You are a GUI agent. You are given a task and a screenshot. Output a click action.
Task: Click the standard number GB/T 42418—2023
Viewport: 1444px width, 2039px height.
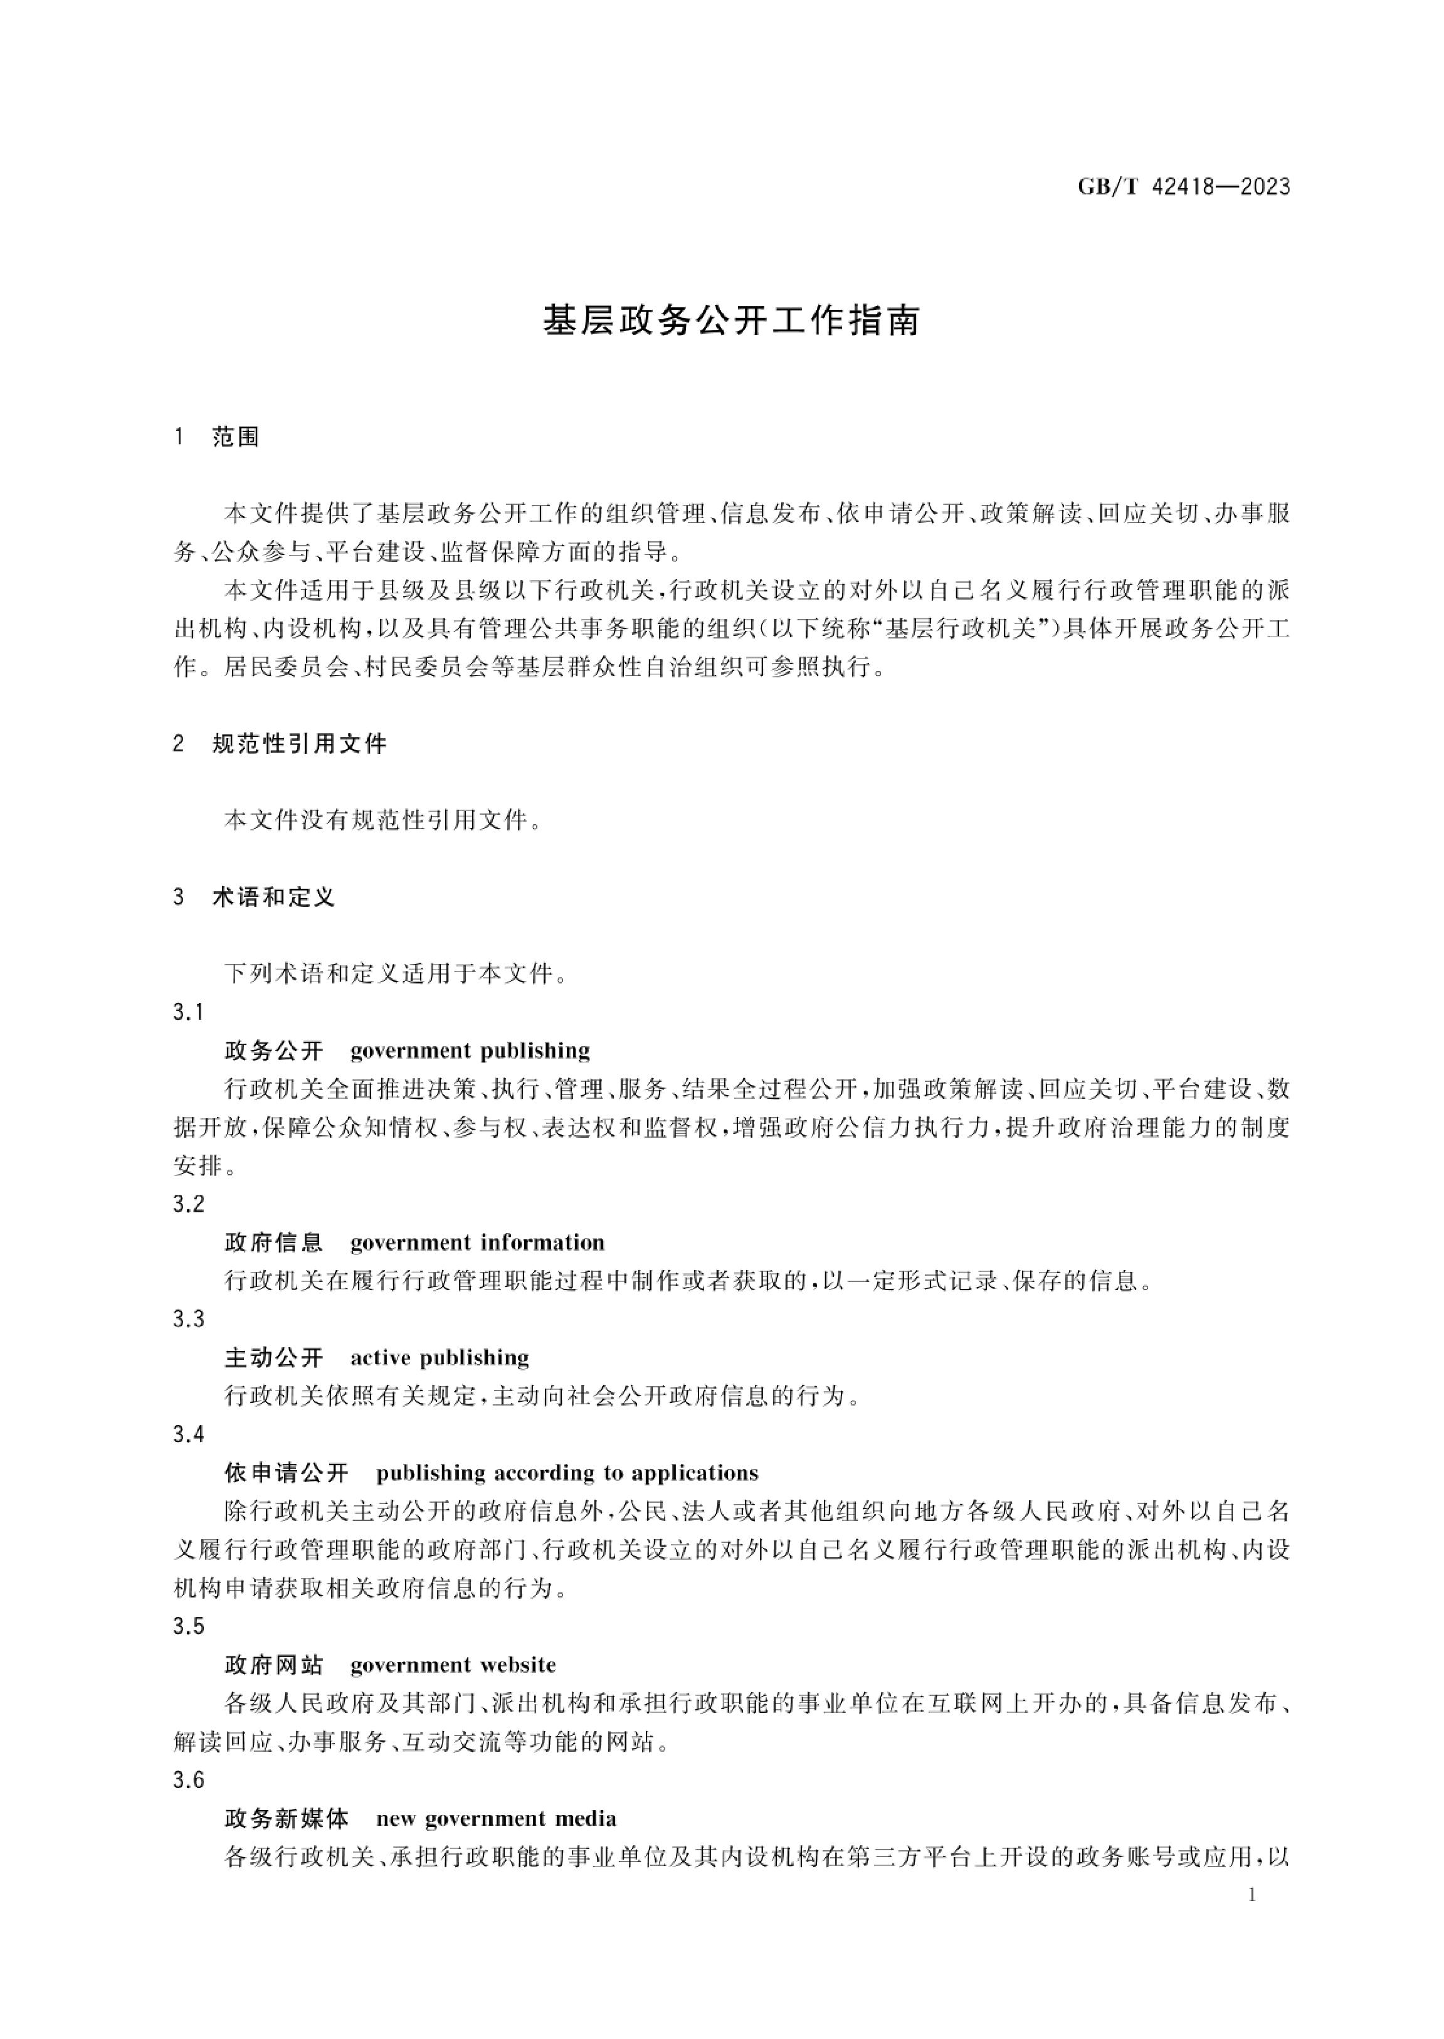(1183, 187)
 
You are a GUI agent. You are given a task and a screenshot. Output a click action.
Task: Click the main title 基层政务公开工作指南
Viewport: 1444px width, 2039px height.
(731, 321)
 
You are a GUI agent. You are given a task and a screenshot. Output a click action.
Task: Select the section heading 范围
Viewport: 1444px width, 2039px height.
(236, 438)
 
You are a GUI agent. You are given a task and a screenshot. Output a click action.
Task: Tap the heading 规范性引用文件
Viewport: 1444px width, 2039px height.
(300, 744)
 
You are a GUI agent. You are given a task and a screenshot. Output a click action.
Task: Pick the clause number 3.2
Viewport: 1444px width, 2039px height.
(189, 1204)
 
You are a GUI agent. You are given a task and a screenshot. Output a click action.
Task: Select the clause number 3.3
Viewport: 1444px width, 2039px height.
(189, 1319)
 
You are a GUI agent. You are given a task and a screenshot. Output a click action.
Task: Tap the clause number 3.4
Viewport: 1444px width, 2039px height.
(189, 1434)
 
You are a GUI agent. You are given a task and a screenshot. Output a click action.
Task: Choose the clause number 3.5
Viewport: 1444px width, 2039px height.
(189, 1626)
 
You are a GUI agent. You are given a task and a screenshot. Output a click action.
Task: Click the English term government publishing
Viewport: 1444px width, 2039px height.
(470, 1051)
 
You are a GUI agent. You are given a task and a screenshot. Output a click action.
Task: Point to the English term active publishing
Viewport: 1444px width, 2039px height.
(440, 1358)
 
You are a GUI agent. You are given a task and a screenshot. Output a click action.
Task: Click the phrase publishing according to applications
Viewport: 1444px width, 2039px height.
(567, 1473)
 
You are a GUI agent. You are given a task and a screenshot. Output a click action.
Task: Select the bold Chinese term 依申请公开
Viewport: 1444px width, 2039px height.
(287, 1473)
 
